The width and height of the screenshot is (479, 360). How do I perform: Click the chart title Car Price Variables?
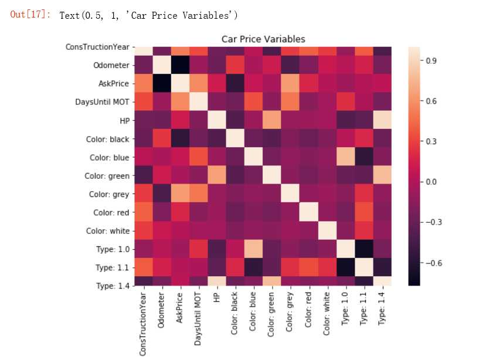click(x=263, y=39)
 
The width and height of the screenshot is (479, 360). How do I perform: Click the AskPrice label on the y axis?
click(x=114, y=83)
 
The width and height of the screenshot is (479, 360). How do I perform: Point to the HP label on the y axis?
click(x=124, y=120)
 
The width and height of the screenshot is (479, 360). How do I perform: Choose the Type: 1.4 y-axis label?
click(x=112, y=285)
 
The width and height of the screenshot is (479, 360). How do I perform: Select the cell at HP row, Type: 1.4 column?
click(x=382, y=120)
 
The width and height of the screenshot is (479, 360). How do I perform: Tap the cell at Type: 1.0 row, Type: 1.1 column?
click(x=364, y=249)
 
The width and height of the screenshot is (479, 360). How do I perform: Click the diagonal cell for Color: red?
click(x=309, y=212)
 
